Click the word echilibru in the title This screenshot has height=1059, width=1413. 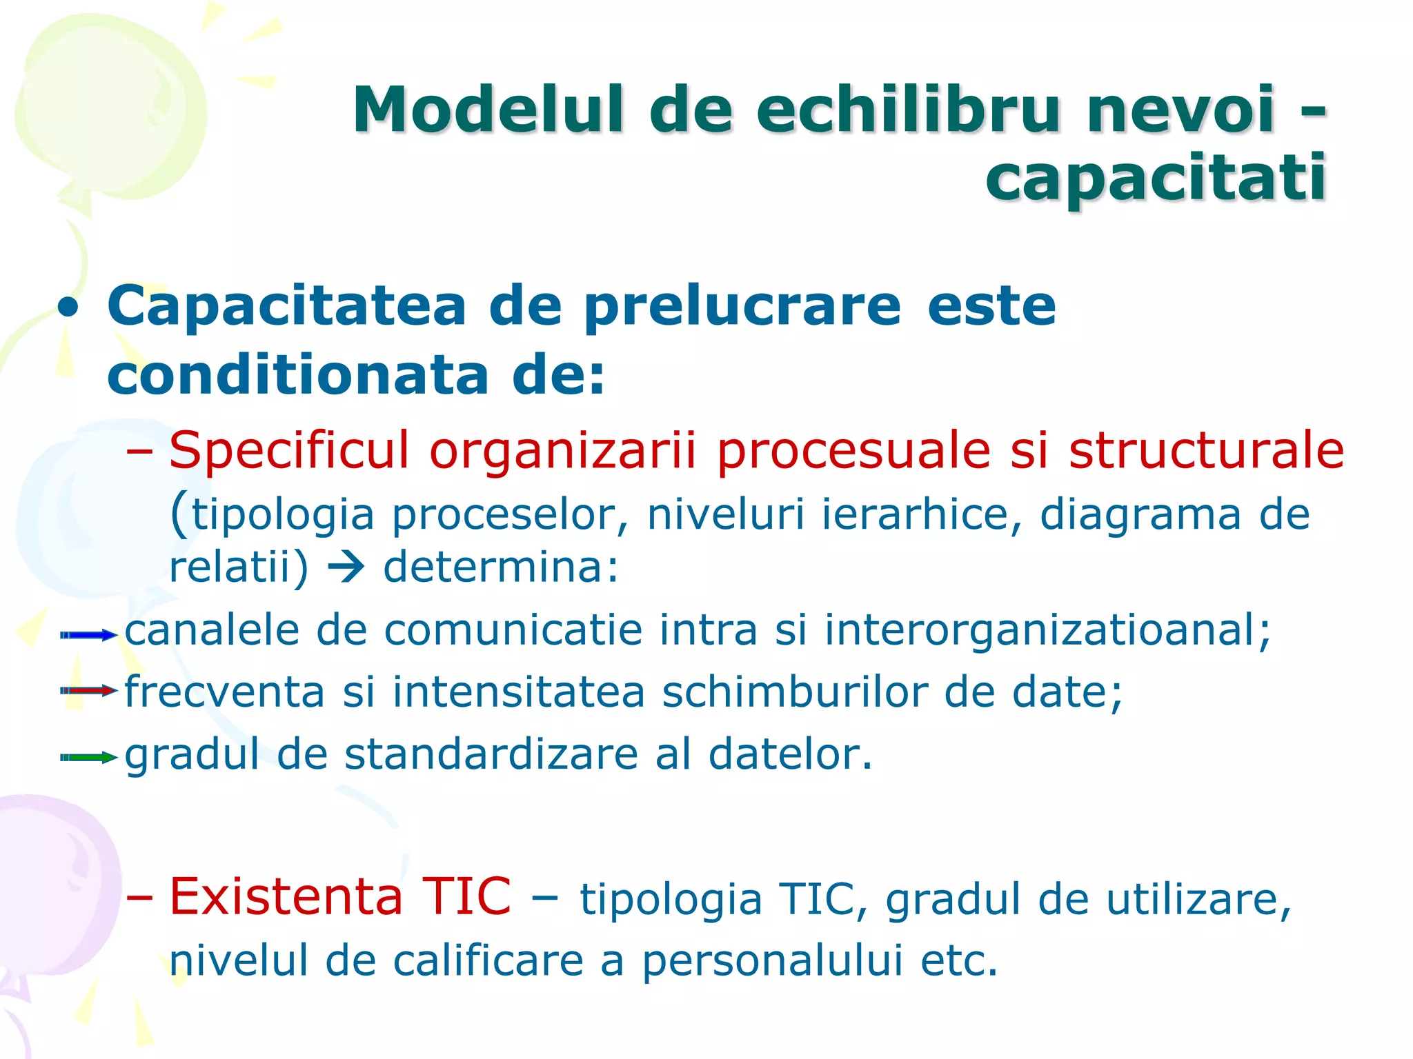[907, 110]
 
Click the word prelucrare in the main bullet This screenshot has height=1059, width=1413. [742, 307]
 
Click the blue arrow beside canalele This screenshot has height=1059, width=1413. [89, 635]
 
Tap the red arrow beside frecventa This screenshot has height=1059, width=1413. [89, 690]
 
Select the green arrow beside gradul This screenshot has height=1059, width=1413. [89, 757]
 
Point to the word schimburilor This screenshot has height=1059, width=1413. [794, 692]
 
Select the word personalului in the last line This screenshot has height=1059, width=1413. [772, 960]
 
